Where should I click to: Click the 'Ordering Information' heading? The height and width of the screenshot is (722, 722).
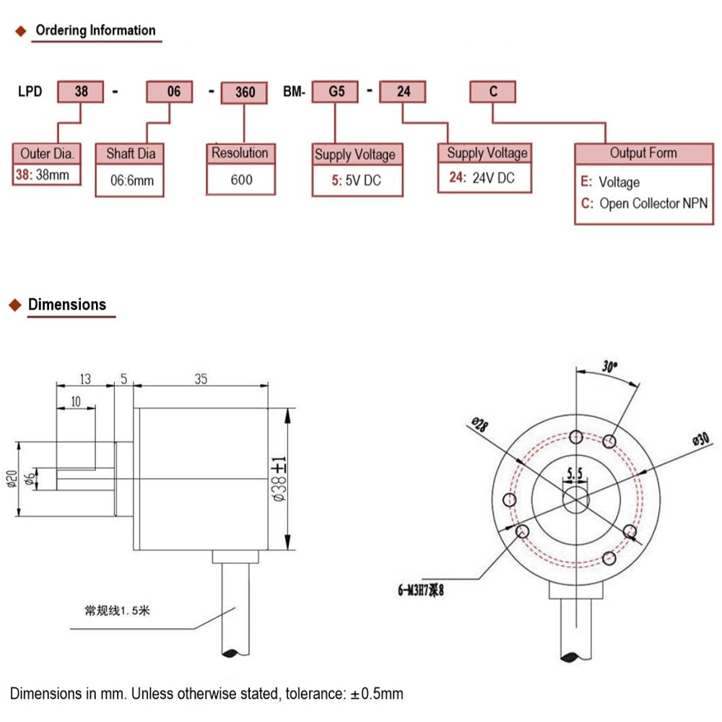click(95, 30)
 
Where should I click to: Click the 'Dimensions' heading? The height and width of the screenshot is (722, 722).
click(67, 304)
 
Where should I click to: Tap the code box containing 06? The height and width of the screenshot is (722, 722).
click(170, 92)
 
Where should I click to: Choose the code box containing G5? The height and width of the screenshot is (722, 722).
click(335, 92)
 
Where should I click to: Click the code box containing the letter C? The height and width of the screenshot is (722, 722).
click(493, 92)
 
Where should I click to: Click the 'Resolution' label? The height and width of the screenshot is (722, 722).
click(240, 153)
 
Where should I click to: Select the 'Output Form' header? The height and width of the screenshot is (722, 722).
click(643, 152)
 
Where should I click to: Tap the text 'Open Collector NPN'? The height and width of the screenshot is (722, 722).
click(653, 204)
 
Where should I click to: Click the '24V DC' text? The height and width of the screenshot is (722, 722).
click(493, 178)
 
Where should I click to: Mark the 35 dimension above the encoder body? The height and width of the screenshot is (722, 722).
click(201, 379)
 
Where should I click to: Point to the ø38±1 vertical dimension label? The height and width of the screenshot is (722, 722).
click(280, 474)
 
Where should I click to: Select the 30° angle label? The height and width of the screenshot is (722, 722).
click(610, 367)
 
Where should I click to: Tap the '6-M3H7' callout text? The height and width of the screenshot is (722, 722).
click(412, 591)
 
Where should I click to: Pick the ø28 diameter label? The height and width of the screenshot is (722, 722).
click(479, 425)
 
